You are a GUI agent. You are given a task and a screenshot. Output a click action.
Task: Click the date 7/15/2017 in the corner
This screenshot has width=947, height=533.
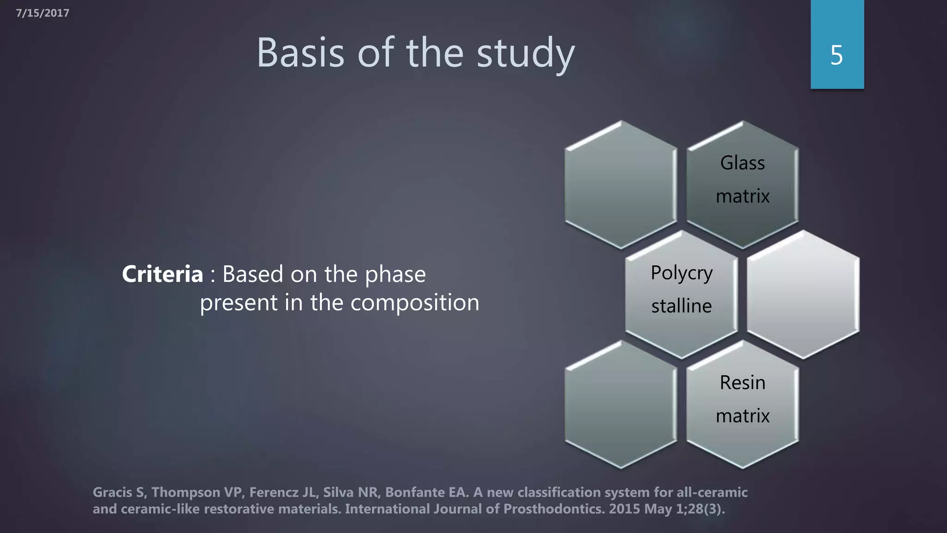click(x=43, y=13)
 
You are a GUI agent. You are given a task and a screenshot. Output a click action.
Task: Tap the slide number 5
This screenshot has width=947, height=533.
click(x=836, y=55)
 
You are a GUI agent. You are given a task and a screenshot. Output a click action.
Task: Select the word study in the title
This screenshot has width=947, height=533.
click(x=526, y=53)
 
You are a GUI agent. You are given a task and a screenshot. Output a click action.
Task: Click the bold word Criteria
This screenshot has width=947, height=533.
click(x=162, y=274)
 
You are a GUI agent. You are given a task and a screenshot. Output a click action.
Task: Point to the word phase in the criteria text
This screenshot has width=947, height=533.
click(x=395, y=274)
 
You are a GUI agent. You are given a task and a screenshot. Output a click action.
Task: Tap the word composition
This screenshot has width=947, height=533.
click(x=414, y=303)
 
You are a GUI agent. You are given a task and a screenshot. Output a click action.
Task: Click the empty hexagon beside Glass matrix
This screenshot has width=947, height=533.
click(x=621, y=185)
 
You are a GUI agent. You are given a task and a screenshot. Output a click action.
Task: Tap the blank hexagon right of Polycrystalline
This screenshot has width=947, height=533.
click(x=803, y=295)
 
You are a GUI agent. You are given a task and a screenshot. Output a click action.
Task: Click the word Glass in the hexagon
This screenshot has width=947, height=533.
click(x=743, y=163)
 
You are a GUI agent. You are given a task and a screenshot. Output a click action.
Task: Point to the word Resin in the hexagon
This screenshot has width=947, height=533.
click(x=743, y=383)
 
